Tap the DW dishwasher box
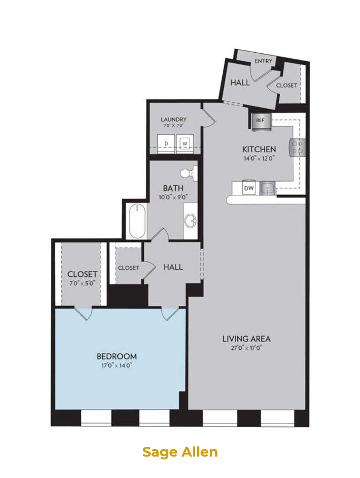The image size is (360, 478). pos(249,189)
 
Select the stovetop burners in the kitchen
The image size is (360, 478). pos(297,147)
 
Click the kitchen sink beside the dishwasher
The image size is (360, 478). pos(268,189)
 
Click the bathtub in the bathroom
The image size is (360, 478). pos(137,221)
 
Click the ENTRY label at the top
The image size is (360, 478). pos(263,61)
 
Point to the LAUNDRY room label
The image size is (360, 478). pos(174,119)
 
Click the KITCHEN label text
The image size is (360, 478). pos(259,149)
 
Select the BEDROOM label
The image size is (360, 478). pos(117,356)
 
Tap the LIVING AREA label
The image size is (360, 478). pos(246,339)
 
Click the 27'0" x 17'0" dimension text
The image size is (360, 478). pos(246,348)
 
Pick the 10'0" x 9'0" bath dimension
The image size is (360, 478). pos(173,197)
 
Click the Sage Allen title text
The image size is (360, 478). pos(180,452)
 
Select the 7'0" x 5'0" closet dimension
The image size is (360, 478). pos(82,283)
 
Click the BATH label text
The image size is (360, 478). pos(173,188)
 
